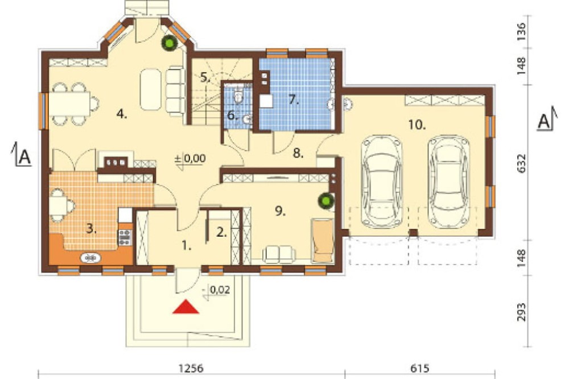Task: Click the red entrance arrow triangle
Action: tap(185, 307)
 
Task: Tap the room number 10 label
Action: tap(417, 125)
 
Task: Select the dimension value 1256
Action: tap(191, 368)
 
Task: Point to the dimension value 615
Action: tap(420, 368)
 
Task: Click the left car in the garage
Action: tap(381, 181)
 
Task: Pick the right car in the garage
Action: tap(448, 181)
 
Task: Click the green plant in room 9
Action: tap(326, 201)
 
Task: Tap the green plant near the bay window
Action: tap(169, 43)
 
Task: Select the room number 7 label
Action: tap(294, 100)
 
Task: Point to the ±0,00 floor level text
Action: tap(190, 159)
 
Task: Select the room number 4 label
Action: tap(122, 114)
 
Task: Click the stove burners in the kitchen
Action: tap(125, 237)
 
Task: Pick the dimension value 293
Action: tap(521, 312)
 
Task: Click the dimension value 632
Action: tap(521, 163)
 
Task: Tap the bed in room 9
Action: tap(323, 240)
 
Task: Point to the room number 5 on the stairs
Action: tap(205, 77)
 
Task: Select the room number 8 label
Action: tap(298, 154)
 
